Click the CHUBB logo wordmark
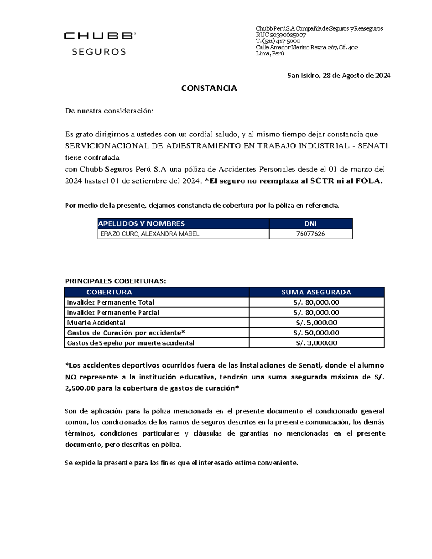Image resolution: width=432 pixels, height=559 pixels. (x=100, y=36)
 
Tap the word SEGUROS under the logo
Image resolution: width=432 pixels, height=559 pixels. (x=99, y=52)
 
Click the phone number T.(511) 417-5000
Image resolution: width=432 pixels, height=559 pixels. (x=278, y=41)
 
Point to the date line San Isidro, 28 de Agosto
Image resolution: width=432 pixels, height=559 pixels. (x=338, y=76)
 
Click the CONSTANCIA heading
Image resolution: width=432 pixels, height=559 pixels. (x=209, y=89)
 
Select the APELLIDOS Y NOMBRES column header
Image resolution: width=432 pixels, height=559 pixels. (x=141, y=224)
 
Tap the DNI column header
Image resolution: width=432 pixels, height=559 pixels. (x=310, y=224)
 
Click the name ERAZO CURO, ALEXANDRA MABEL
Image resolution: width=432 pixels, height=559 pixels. (x=150, y=234)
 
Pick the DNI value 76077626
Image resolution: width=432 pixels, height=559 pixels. (x=310, y=234)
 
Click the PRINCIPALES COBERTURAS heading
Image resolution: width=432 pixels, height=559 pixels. (x=115, y=281)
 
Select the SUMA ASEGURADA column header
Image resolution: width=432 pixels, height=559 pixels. (x=316, y=292)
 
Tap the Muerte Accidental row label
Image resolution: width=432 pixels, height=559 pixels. (x=96, y=323)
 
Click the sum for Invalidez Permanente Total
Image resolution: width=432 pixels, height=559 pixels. (x=316, y=302)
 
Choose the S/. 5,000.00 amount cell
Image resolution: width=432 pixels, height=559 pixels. (x=316, y=323)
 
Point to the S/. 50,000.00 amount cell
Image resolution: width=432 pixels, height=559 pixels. (x=316, y=333)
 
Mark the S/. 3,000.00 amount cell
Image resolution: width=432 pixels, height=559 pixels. (x=316, y=343)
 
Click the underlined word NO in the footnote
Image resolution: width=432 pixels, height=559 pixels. (x=71, y=377)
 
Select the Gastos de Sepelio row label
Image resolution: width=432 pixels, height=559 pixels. (x=131, y=343)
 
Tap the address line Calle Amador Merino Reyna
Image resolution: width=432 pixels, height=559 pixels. (x=307, y=48)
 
